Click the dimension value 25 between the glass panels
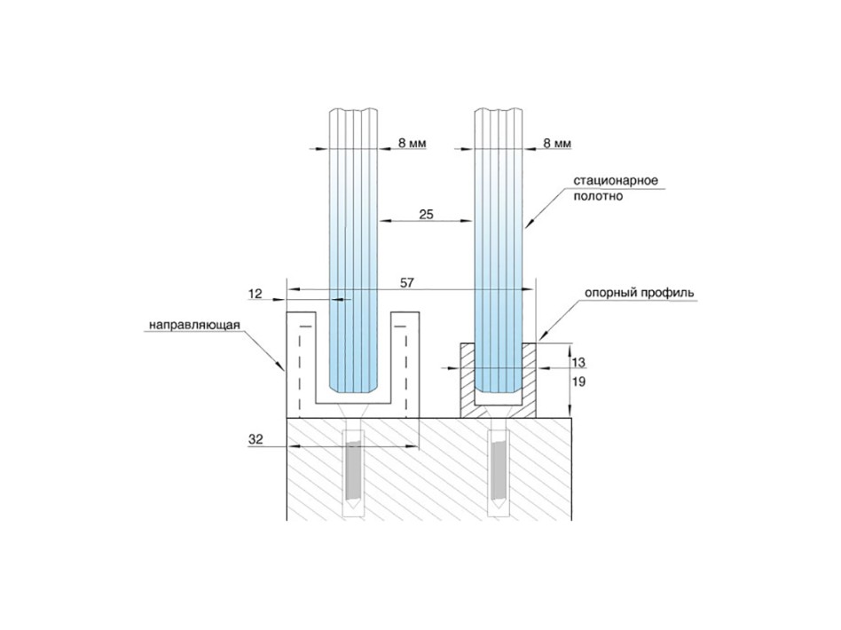click(426, 215)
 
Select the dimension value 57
click(407, 282)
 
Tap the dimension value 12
click(255, 294)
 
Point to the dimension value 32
click(255, 439)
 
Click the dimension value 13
click(578, 362)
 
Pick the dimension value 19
click(578, 382)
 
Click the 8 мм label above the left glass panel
click(412, 143)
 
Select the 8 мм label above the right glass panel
click(557, 143)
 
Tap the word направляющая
click(194, 325)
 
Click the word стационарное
click(616, 180)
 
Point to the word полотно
click(598, 196)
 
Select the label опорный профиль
click(639, 293)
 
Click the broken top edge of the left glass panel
click(353, 111)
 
